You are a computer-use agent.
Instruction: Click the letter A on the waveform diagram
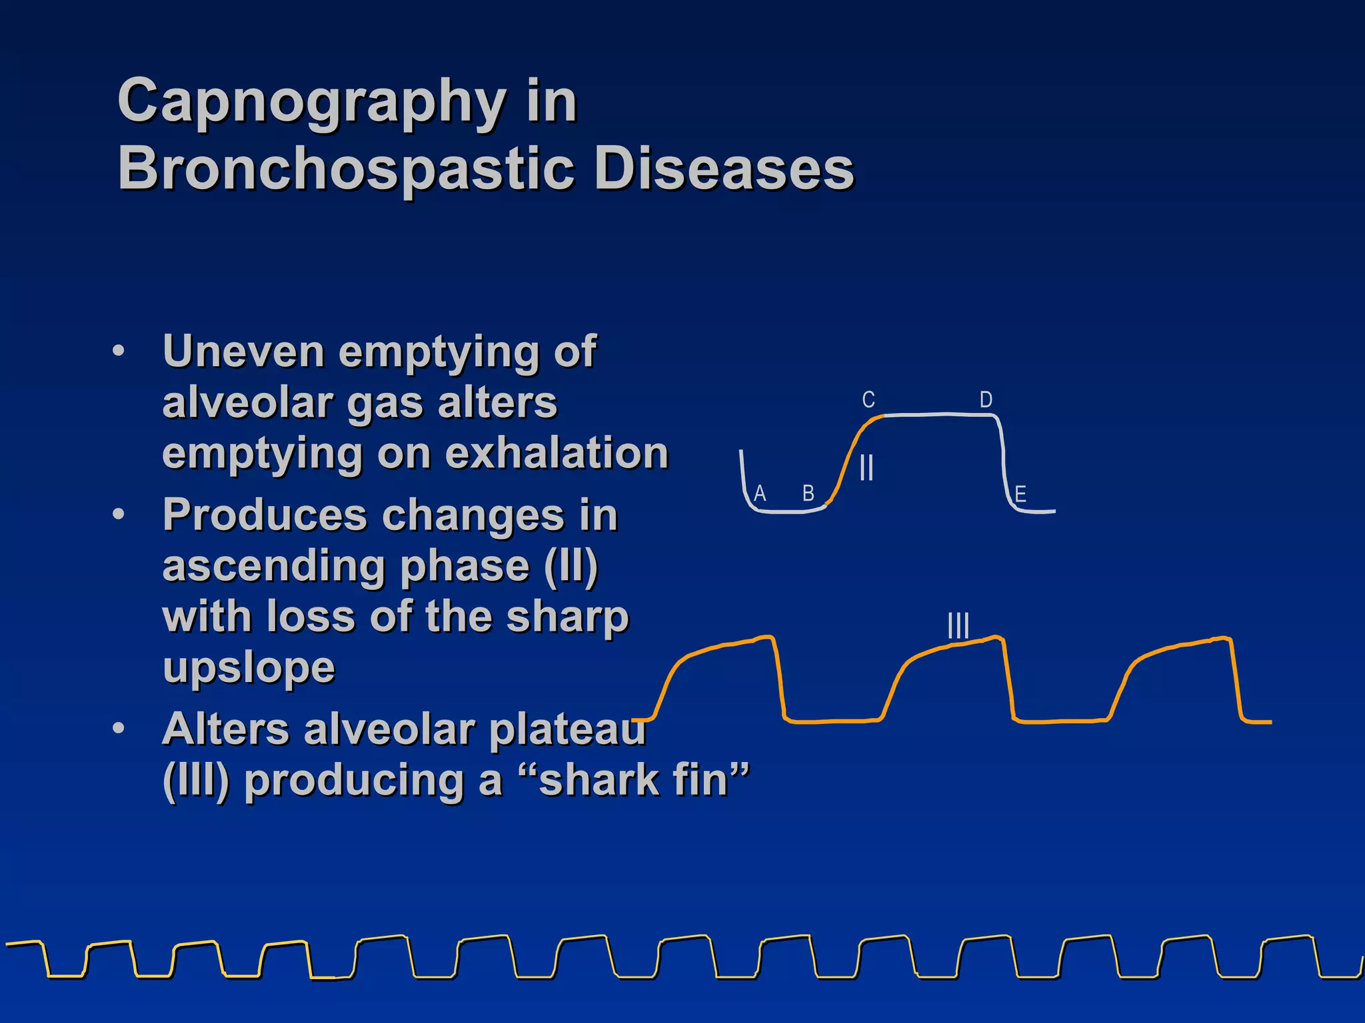pyautogui.click(x=760, y=494)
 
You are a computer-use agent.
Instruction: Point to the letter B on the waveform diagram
pyautogui.click(x=808, y=494)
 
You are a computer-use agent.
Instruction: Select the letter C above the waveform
pyautogui.click(x=868, y=400)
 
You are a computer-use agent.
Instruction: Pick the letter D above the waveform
pyautogui.click(x=986, y=400)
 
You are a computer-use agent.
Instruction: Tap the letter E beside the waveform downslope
pyautogui.click(x=1020, y=494)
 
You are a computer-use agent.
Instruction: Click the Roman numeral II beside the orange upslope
pyautogui.click(x=866, y=468)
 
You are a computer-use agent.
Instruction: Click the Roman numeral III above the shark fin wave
pyautogui.click(x=958, y=626)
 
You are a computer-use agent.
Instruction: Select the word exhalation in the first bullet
pyautogui.click(x=556, y=454)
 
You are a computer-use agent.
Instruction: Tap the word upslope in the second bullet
pyautogui.click(x=249, y=668)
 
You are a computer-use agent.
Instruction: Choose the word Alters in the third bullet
pyautogui.click(x=225, y=729)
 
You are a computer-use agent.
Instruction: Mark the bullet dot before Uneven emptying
pyautogui.click(x=119, y=351)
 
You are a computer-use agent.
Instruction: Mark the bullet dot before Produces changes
pyautogui.click(x=119, y=515)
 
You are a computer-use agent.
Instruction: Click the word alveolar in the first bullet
pyautogui.click(x=247, y=403)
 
